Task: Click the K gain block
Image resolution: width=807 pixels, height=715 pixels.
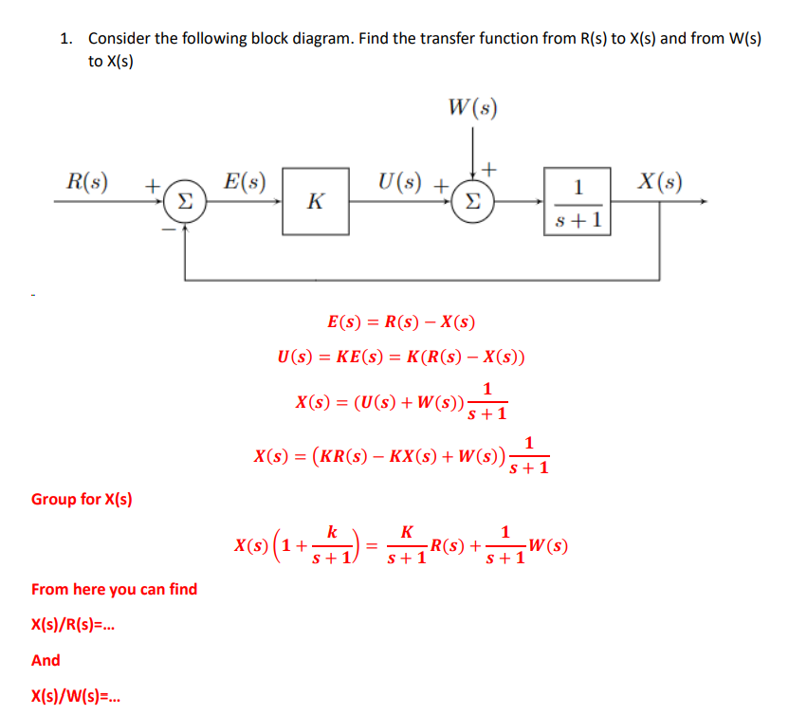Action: [316, 201]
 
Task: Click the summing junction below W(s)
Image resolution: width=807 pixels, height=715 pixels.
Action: [470, 201]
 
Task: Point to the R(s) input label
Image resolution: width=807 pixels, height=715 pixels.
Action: [88, 180]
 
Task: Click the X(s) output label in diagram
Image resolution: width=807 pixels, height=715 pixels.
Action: [660, 180]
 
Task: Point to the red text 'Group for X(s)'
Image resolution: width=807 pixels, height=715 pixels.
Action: [82, 499]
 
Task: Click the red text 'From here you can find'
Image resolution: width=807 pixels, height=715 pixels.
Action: [115, 589]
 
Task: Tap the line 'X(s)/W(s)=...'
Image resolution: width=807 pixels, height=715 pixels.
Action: [77, 698]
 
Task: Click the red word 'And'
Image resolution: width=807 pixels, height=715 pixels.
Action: [46, 660]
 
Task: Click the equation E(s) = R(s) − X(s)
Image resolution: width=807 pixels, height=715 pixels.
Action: [401, 322]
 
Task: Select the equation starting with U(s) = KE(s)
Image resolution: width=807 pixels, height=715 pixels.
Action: [400, 357]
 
